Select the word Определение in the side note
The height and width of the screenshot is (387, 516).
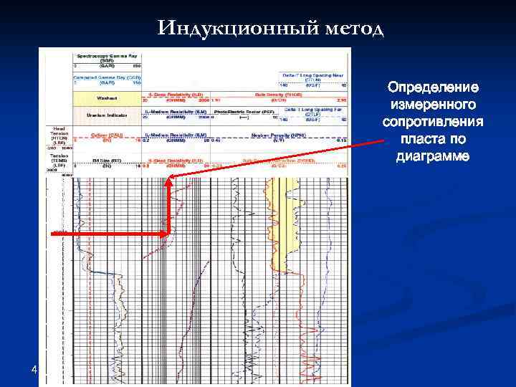click(x=433, y=88)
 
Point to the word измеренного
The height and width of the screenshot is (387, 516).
click(x=433, y=105)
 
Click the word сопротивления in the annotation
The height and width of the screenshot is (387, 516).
click(x=433, y=122)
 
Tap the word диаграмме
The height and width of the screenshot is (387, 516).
click(x=433, y=156)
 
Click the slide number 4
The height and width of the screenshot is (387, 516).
click(x=33, y=370)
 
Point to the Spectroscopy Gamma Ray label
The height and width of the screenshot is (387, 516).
click(x=107, y=55)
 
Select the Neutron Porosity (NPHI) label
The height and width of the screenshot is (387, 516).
click(x=269, y=134)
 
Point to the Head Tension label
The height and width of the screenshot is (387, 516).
click(x=58, y=134)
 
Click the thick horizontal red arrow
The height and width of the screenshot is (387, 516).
click(x=107, y=234)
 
